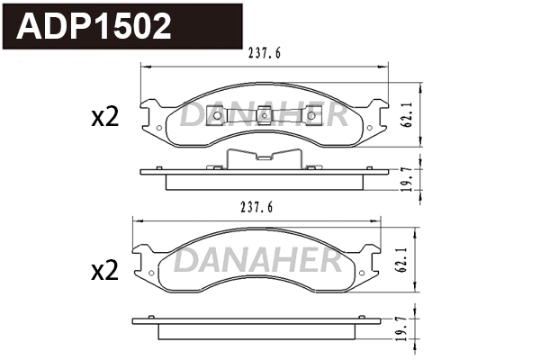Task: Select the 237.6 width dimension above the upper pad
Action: (x=265, y=52)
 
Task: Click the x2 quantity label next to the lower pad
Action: (x=105, y=270)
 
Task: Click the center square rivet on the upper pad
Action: (x=264, y=114)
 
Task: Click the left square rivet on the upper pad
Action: (x=215, y=114)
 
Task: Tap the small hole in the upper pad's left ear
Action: (x=159, y=127)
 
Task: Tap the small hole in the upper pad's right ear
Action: (x=369, y=127)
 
